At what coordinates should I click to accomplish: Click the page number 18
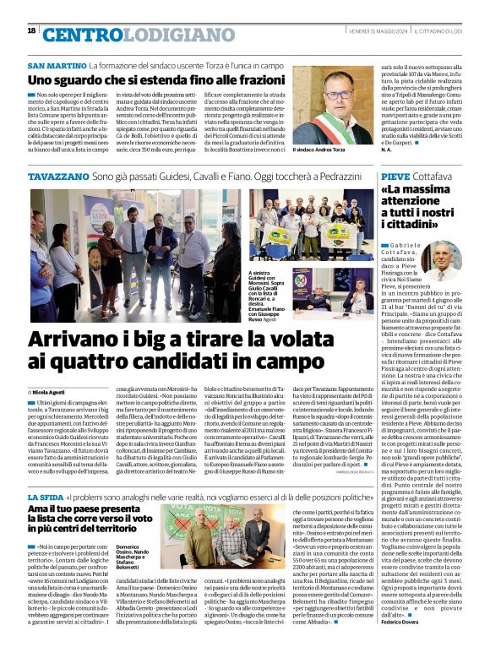(31, 31)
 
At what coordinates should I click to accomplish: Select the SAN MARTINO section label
(57, 65)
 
